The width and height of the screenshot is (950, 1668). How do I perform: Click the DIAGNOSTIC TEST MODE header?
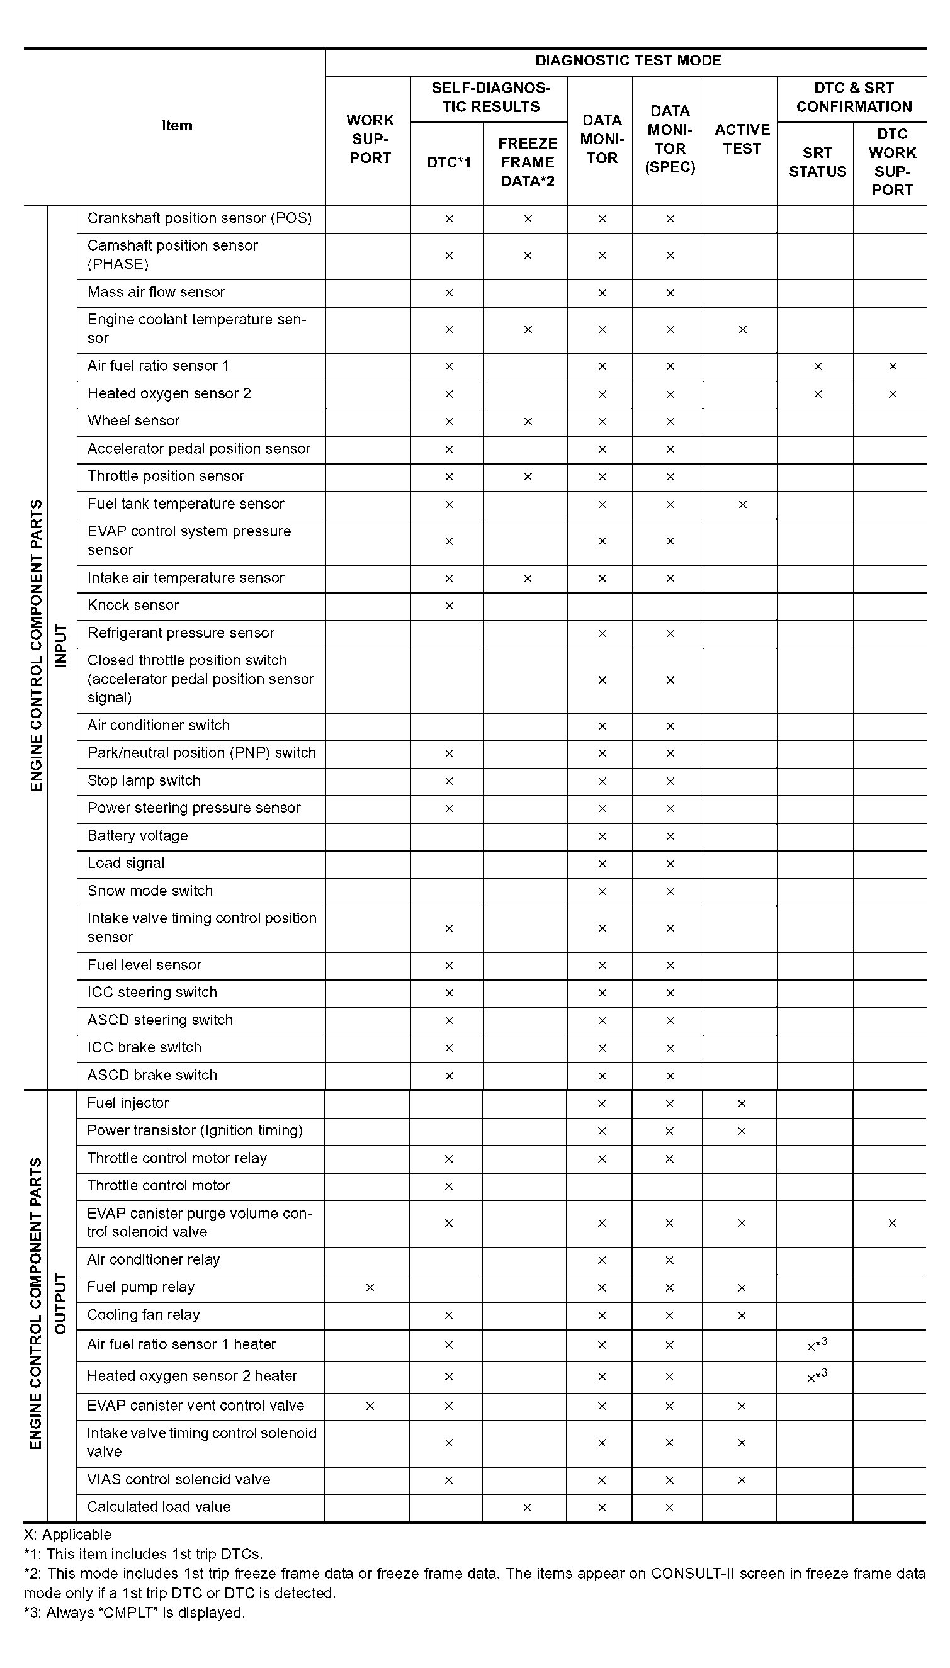(x=628, y=60)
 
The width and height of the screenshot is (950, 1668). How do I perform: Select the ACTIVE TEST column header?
(x=742, y=139)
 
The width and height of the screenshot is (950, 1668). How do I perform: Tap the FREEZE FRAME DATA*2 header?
(x=527, y=162)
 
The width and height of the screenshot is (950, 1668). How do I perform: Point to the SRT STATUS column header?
(x=817, y=162)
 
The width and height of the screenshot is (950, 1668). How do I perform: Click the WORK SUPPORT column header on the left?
(x=370, y=139)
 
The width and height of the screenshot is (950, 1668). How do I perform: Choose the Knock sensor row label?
(x=133, y=606)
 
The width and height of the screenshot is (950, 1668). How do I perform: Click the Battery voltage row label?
(x=138, y=836)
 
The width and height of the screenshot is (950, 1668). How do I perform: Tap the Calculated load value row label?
(x=159, y=1507)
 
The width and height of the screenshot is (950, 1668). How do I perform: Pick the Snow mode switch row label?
(x=150, y=891)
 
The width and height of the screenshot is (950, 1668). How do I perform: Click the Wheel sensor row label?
(x=133, y=420)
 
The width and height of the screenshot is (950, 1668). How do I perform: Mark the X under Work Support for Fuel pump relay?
(x=370, y=1288)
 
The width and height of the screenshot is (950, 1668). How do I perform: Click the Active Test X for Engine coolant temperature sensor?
(x=742, y=330)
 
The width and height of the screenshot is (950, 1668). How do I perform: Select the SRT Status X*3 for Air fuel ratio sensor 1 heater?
(x=817, y=1345)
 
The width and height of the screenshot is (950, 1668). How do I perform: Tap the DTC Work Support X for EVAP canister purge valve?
(x=892, y=1223)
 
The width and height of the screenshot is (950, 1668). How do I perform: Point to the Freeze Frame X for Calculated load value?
(x=527, y=1507)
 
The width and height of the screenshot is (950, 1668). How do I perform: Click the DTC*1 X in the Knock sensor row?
(x=449, y=606)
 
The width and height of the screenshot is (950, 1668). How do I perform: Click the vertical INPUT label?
(x=60, y=645)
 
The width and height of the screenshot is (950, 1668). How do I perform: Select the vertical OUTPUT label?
(x=60, y=1304)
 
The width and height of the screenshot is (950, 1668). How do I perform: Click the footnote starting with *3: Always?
(x=134, y=1613)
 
